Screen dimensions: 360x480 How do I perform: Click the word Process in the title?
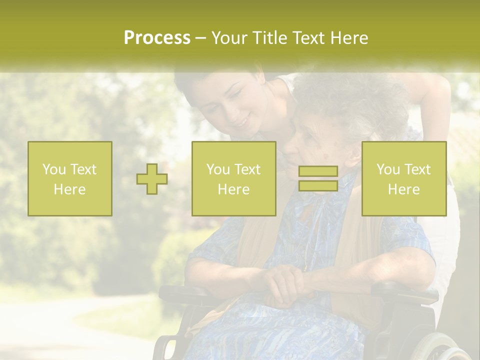(x=157, y=38)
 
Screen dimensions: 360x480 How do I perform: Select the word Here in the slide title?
(x=349, y=38)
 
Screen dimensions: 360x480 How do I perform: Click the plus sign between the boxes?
(x=152, y=179)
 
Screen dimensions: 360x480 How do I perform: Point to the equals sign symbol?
(x=318, y=178)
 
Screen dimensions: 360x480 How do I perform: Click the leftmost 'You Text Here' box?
(x=70, y=178)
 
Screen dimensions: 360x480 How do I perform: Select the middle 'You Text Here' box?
(x=233, y=178)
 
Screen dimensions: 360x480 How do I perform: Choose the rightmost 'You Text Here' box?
(x=403, y=178)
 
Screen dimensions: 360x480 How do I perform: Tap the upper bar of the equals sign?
(x=318, y=171)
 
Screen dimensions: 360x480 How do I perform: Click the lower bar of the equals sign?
(x=318, y=185)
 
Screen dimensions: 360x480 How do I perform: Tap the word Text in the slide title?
(x=310, y=38)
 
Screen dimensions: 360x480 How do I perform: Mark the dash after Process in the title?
(x=201, y=38)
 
